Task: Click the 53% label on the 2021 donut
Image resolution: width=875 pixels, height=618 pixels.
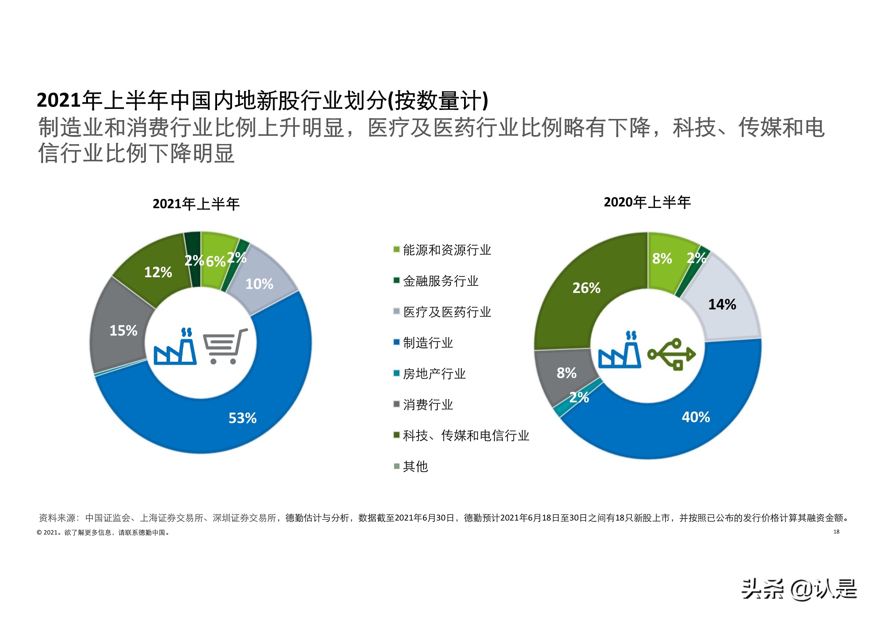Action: [243, 418]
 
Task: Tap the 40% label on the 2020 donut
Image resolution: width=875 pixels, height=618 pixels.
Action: [695, 417]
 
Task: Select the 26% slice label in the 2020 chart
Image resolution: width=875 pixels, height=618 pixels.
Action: [586, 288]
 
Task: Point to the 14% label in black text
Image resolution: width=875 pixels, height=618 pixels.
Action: [722, 305]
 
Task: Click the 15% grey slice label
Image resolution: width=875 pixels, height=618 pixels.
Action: [123, 331]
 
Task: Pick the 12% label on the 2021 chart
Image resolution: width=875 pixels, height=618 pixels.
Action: [158, 272]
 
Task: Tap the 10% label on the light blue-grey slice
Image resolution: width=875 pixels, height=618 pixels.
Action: [259, 284]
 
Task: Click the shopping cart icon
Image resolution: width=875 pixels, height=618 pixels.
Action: [225, 346]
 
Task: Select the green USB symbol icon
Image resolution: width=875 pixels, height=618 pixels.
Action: [671, 354]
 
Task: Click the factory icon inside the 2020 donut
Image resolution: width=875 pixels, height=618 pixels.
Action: [619, 351]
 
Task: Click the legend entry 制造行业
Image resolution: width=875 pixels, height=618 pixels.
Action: [428, 343]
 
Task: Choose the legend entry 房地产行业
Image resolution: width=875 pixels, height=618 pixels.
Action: [434, 374]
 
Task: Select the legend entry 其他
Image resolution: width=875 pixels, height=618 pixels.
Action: [415, 466]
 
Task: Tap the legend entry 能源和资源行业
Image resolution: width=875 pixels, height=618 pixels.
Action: [446, 250]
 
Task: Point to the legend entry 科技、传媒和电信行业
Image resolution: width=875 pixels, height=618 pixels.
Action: [466, 435]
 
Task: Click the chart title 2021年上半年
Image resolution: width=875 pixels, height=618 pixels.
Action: [196, 204]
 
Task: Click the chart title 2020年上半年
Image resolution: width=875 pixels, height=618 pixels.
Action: [647, 202]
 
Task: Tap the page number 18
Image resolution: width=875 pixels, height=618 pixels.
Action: [836, 532]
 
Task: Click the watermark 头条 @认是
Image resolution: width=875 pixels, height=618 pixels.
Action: [799, 589]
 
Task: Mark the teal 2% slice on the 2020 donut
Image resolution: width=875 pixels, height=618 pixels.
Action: [559, 410]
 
